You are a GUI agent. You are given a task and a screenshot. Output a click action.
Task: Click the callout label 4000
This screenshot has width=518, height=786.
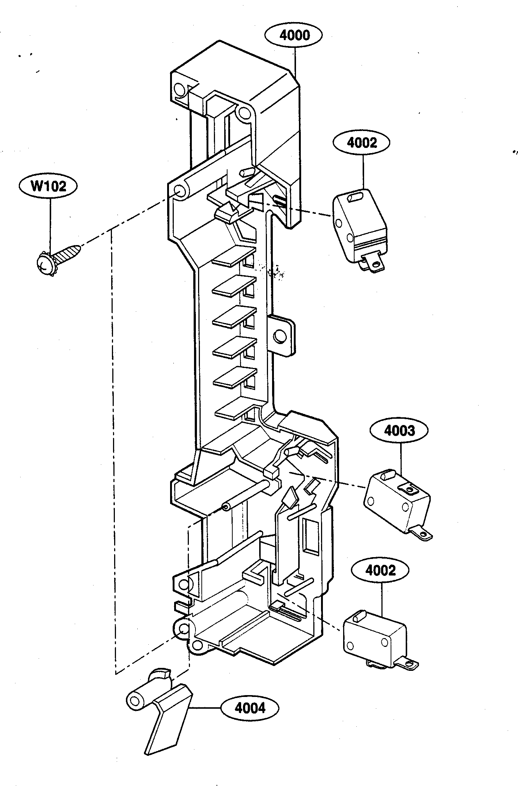pos(293,35)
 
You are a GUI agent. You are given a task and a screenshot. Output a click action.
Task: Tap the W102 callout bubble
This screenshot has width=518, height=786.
pos(48,186)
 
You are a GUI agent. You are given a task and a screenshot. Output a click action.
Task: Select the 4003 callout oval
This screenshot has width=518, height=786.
pos(400,431)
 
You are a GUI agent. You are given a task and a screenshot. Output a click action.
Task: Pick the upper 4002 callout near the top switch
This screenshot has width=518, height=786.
pos(362,143)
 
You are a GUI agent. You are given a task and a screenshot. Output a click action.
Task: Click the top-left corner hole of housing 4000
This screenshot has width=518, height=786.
pos(180,89)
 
